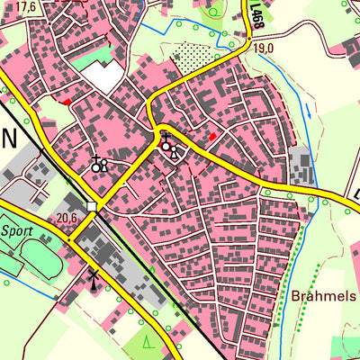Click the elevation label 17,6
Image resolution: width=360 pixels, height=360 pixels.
[x=26, y=7]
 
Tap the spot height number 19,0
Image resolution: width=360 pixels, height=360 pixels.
[x=262, y=47]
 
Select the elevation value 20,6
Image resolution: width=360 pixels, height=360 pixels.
[x=67, y=218]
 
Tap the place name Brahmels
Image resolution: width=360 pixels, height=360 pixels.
[x=323, y=295]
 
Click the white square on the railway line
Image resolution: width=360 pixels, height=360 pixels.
[x=92, y=207]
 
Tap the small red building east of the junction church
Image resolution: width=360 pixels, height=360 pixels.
[x=212, y=137]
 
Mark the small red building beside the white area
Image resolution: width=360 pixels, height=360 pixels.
[x=67, y=103]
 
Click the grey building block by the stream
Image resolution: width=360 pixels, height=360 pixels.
[x=301, y=166]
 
